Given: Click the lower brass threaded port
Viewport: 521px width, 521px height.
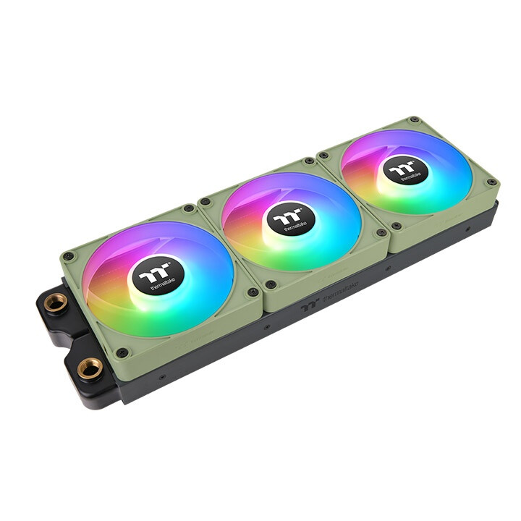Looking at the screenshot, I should tap(90, 370).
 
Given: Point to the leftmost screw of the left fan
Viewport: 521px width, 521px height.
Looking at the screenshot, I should tap(68, 255).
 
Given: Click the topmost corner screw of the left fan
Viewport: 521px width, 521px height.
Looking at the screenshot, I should tap(190, 208).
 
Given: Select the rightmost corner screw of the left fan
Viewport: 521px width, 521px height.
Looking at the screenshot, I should tap(253, 292).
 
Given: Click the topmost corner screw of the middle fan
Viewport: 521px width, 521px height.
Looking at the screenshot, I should tap(310, 161).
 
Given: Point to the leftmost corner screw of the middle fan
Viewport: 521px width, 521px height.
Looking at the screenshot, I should tap(206, 202).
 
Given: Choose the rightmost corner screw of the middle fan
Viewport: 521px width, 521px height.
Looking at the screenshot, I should tap(378, 234).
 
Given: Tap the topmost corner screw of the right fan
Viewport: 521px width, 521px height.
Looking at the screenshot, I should tap(413, 120).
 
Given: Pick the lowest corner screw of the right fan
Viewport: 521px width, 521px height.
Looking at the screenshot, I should tap(396, 226).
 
